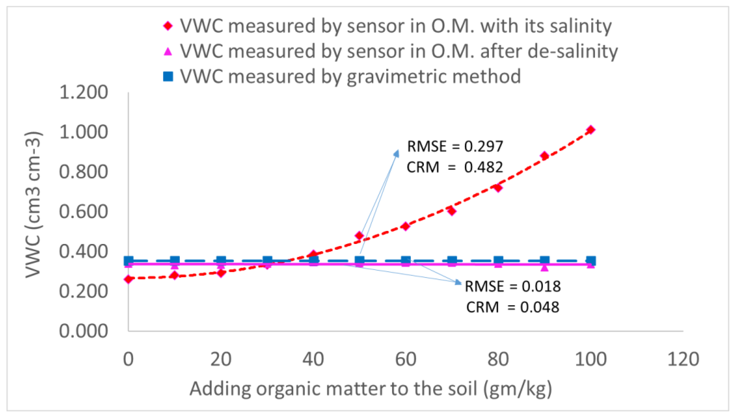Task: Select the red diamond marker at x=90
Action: (x=544, y=156)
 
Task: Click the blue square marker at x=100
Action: (x=591, y=261)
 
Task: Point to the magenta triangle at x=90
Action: (x=544, y=267)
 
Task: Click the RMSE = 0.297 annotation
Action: (x=455, y=146)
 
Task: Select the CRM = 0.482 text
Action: (x=455, y=167)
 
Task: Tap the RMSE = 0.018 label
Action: (x=513, y=286)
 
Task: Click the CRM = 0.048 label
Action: (x=513, y=307)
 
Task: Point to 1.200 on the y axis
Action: (x=83, y=93)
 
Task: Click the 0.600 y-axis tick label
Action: (x=83, y=212)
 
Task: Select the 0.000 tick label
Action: (x=83, y=331)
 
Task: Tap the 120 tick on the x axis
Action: (x=683, y=359)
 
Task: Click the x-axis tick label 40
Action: (x=313, y=359)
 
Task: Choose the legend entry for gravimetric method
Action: (x=350, y=77)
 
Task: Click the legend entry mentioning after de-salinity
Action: (x=399, y=51)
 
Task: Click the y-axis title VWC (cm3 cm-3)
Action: (x=34, y=205)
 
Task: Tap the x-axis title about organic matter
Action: (x=371, y=389)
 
